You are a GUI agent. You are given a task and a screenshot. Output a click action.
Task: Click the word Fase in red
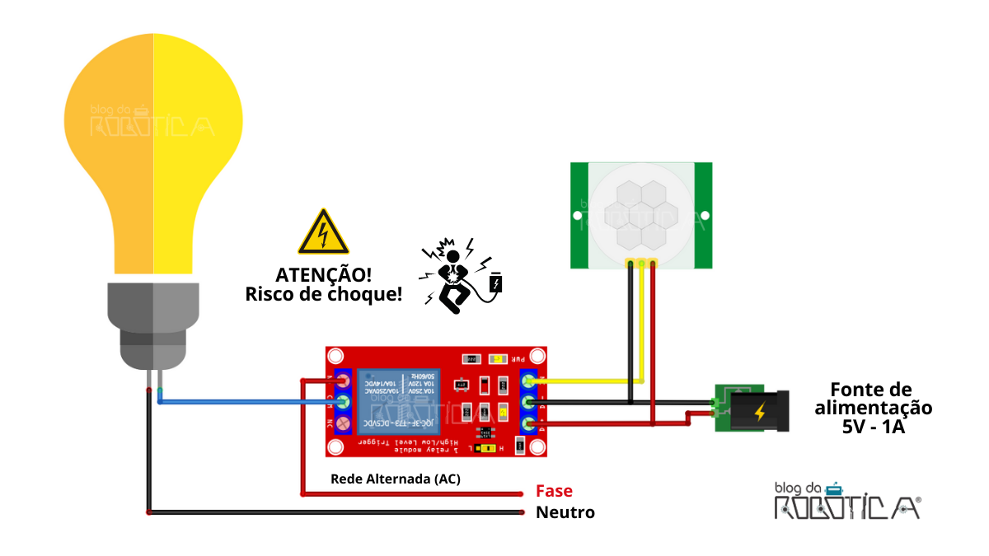click(554, 491)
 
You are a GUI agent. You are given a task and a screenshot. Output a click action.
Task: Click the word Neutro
click(565, 512)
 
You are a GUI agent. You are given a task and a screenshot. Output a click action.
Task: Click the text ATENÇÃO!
click(323, 274)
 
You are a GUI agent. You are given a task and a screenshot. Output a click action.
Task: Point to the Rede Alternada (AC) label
click(395, 479)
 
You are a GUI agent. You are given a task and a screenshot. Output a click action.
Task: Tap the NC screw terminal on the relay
click(343, 423)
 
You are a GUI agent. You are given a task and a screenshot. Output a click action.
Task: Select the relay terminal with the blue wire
click(343, 402)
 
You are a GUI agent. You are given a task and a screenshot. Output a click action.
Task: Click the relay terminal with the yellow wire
click(530, 381)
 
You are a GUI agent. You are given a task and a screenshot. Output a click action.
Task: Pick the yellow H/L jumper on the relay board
click(488, 449)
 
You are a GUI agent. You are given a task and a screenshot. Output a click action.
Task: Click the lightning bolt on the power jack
click(760, 410)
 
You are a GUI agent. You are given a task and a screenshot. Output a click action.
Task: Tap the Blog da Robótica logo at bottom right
click(847, 501)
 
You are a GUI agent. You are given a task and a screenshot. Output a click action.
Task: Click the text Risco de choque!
click(323, 294)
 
